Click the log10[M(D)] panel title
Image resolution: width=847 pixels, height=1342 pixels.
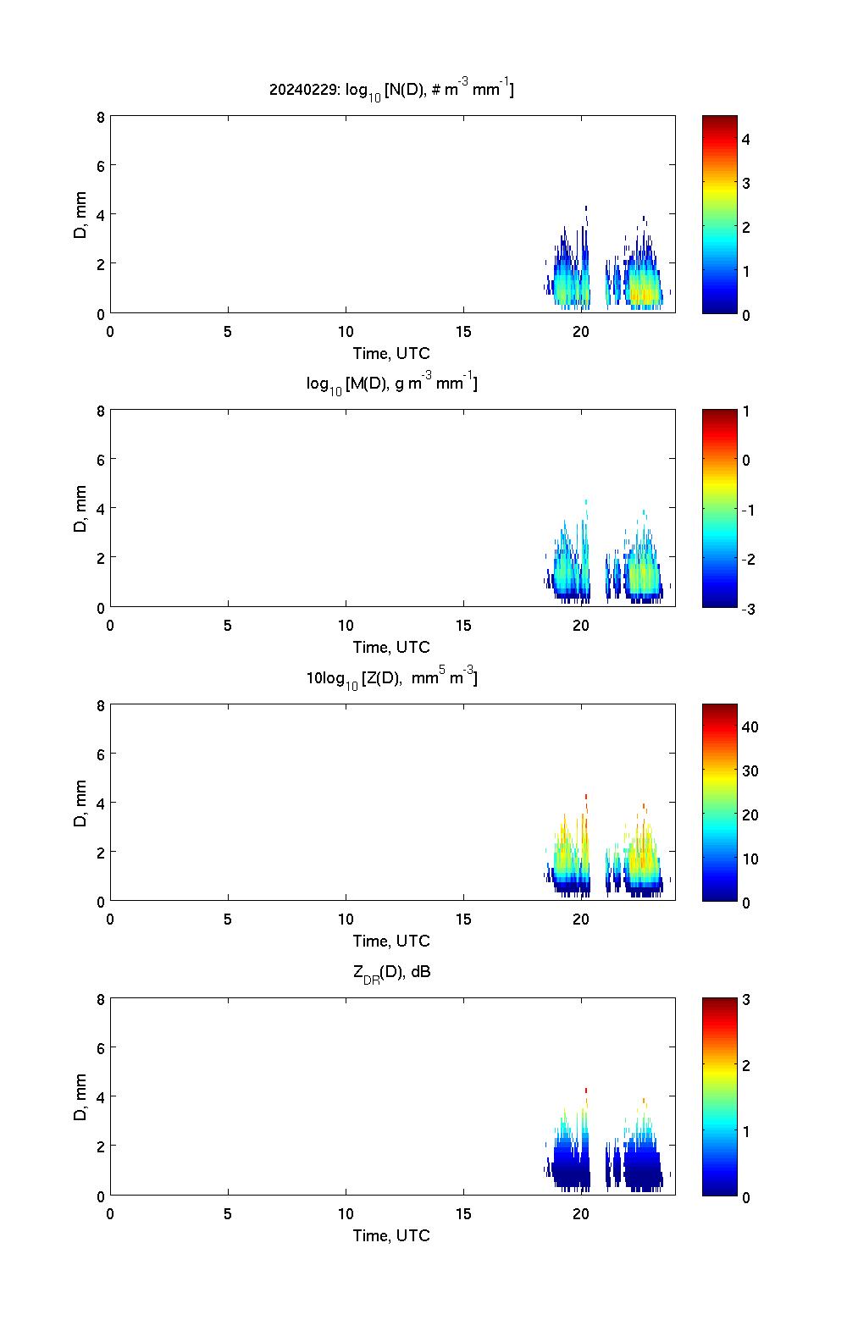(x=391, y=384)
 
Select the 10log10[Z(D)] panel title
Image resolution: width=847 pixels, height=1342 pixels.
(x=391, y=677)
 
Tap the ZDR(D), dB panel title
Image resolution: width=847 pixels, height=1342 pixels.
(x=391, y=972)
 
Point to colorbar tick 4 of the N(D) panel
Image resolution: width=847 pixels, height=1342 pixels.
(x=746, y=139)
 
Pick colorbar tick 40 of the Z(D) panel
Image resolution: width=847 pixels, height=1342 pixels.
(x=750, y=726)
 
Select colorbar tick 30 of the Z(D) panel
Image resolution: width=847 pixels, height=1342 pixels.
(x=750, y=770)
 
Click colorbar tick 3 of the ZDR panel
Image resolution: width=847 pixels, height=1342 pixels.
(x=746, y=1000)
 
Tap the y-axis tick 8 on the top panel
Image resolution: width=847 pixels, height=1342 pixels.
(x=101, y=117)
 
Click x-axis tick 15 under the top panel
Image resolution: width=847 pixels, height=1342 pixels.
(x=463, y=332)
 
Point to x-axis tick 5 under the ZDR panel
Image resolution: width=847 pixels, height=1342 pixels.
(x=228, y=1214)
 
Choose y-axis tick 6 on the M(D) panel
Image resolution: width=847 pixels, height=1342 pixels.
(x=101, y=459)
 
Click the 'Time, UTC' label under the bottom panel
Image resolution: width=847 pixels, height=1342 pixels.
(x=391, y=1235)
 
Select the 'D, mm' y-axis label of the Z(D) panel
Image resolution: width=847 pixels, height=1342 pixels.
(x=81, y=804)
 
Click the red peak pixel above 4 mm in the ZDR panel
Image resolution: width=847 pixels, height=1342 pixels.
(x=586, y=1091)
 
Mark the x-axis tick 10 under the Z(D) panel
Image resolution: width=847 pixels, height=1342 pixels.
(x=346, y=920)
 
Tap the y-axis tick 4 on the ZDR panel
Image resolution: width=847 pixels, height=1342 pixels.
(x=101, y=1096)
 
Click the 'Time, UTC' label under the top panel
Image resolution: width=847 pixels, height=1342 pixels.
(x=391, y=353)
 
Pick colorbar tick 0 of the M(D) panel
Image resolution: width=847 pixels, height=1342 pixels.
(x=746, y=461)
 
